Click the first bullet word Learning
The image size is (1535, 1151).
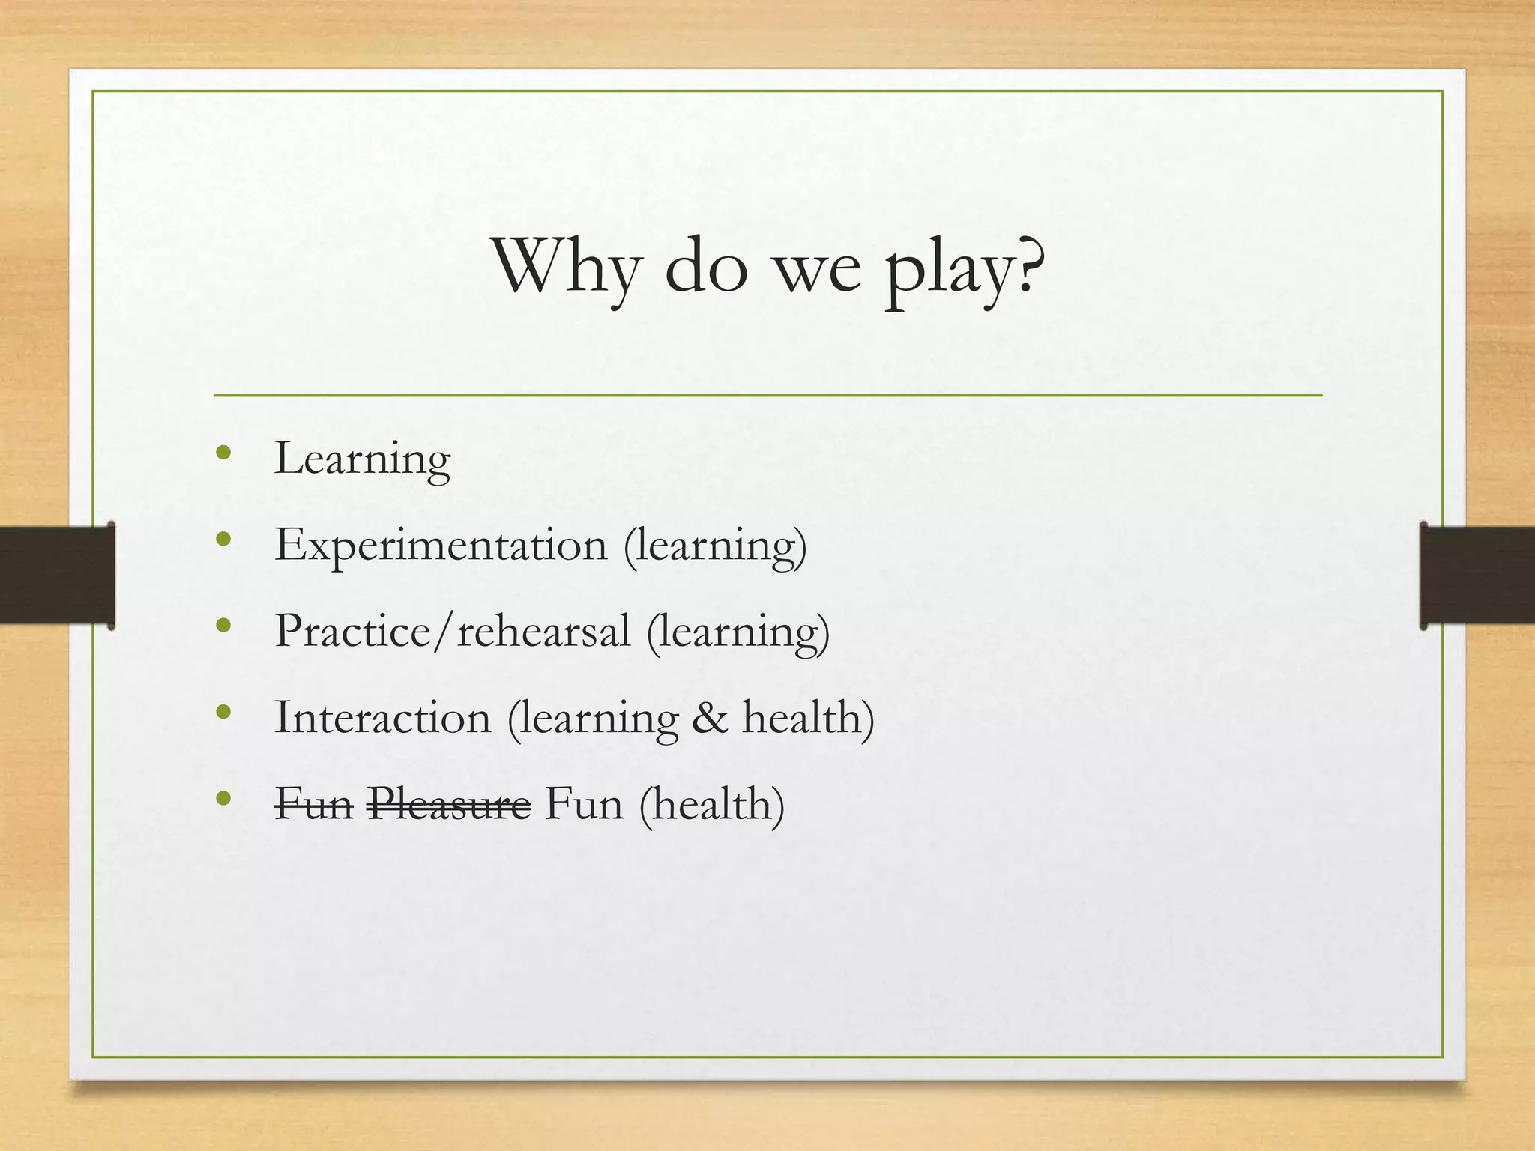[362, 459]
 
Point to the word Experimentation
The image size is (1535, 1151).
[441, 545]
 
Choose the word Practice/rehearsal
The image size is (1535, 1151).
[452, 631]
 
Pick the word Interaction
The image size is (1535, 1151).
[382, 717]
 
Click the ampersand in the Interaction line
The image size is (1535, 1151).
[709, 717]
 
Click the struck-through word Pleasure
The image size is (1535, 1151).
[449, 804]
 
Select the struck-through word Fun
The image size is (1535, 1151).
[313, 804]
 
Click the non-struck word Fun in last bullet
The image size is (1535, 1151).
[583, 804]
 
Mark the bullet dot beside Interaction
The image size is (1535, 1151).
[223, 711]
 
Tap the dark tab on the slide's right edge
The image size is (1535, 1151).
[1477, 575]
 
